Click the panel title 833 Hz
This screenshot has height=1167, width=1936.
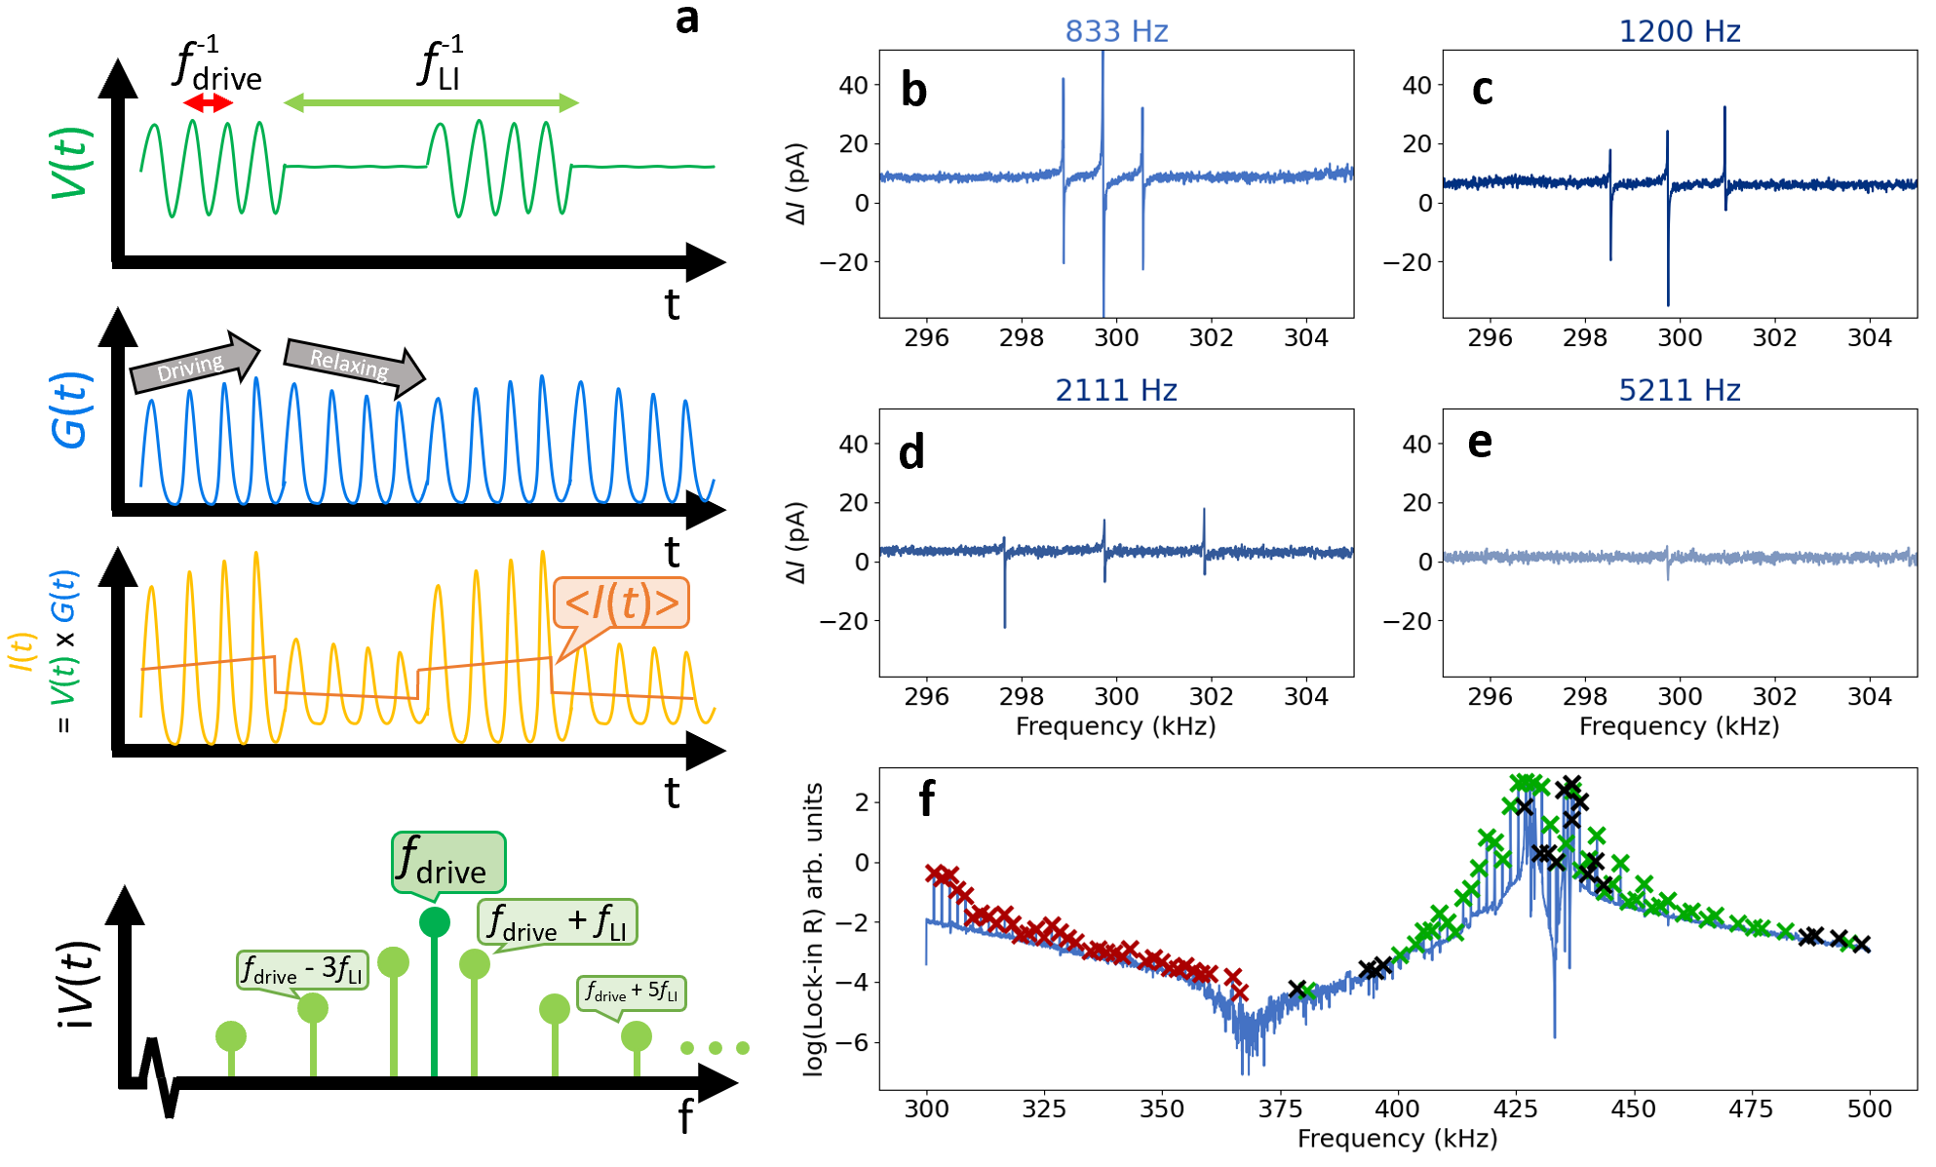pos(1116,31)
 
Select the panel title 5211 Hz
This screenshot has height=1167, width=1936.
pos(1679,390)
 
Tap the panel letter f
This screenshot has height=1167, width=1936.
pos(927,798)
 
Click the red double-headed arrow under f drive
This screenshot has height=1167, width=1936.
pos(208,103)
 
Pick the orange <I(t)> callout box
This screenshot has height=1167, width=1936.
pos(621,603)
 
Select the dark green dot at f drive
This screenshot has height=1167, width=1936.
pos(434,921)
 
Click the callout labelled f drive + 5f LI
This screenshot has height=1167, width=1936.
pos(632,992)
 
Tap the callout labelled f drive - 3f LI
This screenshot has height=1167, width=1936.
pos(302,970)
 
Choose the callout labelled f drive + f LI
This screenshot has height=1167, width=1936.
pos(557,922)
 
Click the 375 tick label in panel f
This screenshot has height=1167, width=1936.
pos(1279,1109)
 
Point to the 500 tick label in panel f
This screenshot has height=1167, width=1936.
pos(1869,1109)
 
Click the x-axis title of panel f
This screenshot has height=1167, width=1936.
pos(1397,1139)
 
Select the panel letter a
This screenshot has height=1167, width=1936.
pos(687,19)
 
